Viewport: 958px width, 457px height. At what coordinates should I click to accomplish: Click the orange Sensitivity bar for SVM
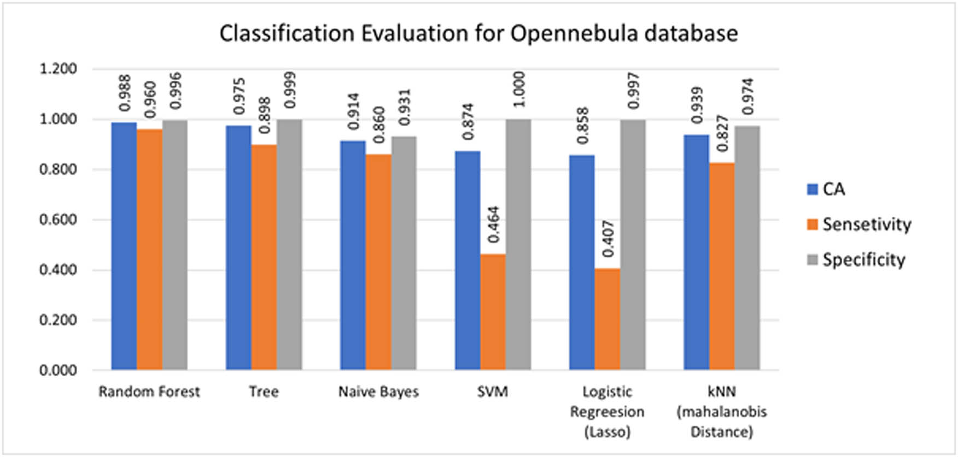coord(493,312)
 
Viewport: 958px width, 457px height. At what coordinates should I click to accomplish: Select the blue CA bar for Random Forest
coord(124,246)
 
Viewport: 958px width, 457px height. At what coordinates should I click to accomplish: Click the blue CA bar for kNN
coord(696,252)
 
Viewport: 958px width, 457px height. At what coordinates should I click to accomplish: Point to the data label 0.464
coord(493,224)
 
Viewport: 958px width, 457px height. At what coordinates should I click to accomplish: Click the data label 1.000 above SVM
coord(519,89)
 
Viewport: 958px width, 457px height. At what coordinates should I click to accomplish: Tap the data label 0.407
coord(607,239)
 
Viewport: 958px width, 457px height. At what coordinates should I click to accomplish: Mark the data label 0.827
coord(722,133)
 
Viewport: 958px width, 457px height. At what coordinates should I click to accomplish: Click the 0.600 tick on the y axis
coord(57,219)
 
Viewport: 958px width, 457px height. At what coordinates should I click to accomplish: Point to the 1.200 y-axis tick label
coord(57,69)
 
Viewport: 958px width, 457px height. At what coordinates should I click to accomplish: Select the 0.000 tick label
coord(57,370)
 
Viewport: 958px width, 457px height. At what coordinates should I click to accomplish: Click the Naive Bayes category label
coord(378,391)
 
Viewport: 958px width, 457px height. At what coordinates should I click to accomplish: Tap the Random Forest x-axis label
coord(149,391)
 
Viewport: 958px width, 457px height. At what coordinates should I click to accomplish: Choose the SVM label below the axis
coord(492,391)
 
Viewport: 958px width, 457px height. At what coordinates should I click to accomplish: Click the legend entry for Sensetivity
coord(866,224)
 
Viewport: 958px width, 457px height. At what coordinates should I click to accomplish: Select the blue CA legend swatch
coord(813,189)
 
